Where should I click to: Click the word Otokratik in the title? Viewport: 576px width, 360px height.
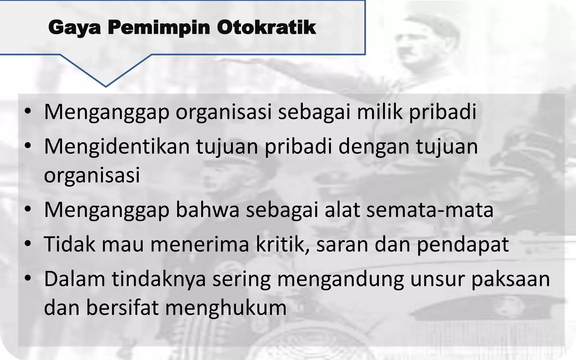[266, 28]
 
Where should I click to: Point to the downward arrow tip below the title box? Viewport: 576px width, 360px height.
[106, 86]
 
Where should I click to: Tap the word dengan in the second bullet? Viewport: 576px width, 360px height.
[374, 147]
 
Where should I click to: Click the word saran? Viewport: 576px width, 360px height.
[342, 245]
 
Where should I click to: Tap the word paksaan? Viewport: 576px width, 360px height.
[510, 279]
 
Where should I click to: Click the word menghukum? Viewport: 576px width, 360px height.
[226, 307]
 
